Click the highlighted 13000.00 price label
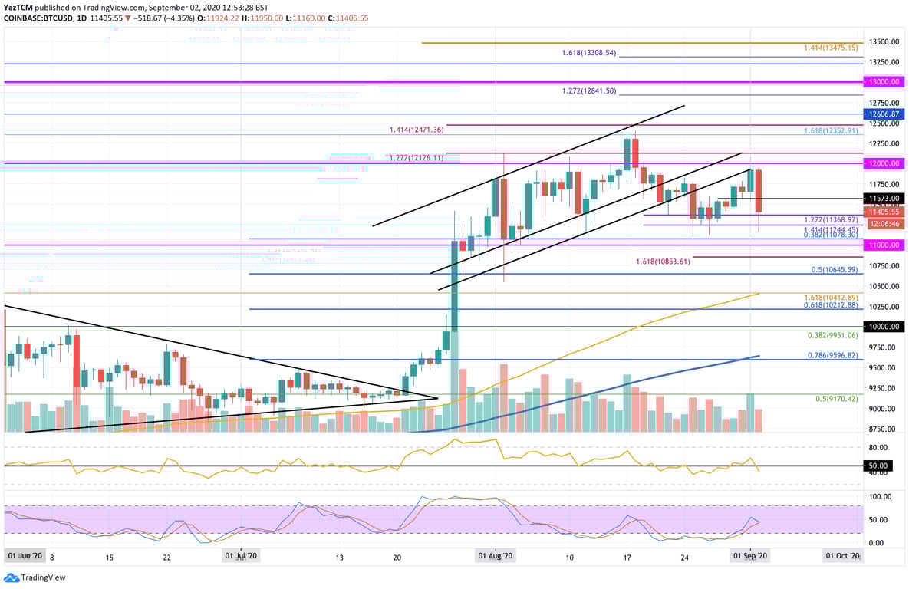click(x=883, y=81)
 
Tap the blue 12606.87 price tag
click(x=883, y=114)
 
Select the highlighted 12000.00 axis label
click(x=883, y=163)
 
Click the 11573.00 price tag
click(x=883, y=198)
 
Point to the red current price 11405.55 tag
click(x=883, y=212)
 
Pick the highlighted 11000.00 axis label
click(x=883, y=245)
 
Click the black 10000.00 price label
click(x=883, y=327)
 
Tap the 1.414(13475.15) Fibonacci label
click(x=831, y=48)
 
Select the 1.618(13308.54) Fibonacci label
click(x=588, y=54)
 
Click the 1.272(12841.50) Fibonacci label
click(x=588, y=90)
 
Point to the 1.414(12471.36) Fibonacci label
click(x=417, y=130)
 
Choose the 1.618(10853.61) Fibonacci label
click(x=663, y=262)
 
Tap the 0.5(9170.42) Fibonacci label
click(x=836, y=399)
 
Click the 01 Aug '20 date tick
click(x=496, y=554)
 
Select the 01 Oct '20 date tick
click(x=842, y=554)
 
